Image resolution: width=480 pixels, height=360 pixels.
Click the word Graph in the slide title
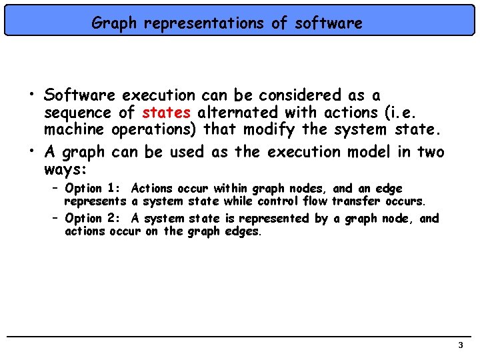(113, 23)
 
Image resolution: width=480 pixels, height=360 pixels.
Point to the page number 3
(460, 345)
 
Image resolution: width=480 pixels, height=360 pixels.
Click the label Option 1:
(93, 189)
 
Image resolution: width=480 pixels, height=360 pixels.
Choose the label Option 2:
(93, 219)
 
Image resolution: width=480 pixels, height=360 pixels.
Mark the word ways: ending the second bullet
(65, 169)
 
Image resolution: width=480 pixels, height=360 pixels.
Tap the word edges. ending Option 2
(243, 231)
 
